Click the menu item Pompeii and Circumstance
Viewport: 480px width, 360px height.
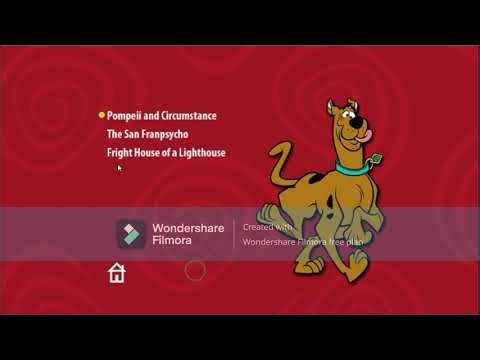click(x=162, y=116)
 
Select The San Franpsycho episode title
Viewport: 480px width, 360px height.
click(x=148, y=134)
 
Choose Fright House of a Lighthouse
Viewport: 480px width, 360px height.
click(x=166, y=153)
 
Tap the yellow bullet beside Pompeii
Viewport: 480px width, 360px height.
click(x=101, y=116)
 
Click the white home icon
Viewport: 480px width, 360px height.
click(x=117, y=273)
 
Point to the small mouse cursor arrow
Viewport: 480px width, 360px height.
click(x=120, y=168)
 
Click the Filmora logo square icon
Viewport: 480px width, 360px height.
click(x=131, y=234)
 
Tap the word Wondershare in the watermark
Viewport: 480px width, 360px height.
click(x=188, y=227)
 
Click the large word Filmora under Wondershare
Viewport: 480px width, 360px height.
click(x=174, y=241)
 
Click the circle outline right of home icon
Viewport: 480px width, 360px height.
click(x=196, y=270)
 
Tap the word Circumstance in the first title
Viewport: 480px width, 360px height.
click(x=187, y=116)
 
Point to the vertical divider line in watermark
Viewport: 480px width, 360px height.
click(x=234, y=234)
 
